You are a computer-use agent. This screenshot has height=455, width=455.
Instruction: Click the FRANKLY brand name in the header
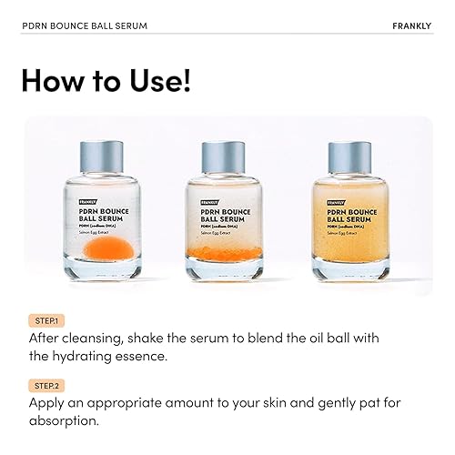pyautogui.click(x=409, y=25)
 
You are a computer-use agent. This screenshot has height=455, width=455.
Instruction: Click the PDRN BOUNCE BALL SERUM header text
pyautogui.click(x=84, y=25)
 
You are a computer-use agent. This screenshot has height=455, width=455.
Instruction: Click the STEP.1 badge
pyautogui.click(x=44, y=320)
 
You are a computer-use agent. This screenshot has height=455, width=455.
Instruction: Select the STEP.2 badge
pyautogui.click(x=44, y=385)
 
